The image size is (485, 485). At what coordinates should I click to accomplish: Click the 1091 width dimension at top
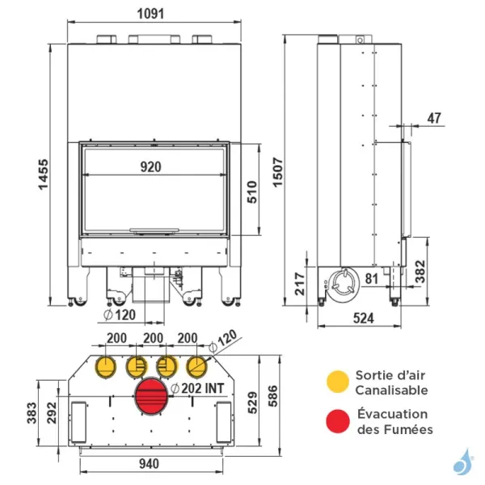[152, 14]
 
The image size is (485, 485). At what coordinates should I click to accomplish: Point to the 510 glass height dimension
[251, 194]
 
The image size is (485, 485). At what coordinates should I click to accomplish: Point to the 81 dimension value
[372, 280]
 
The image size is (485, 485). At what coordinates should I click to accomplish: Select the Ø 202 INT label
[197, 388]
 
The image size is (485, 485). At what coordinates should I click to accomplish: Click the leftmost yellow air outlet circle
[104, 367]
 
